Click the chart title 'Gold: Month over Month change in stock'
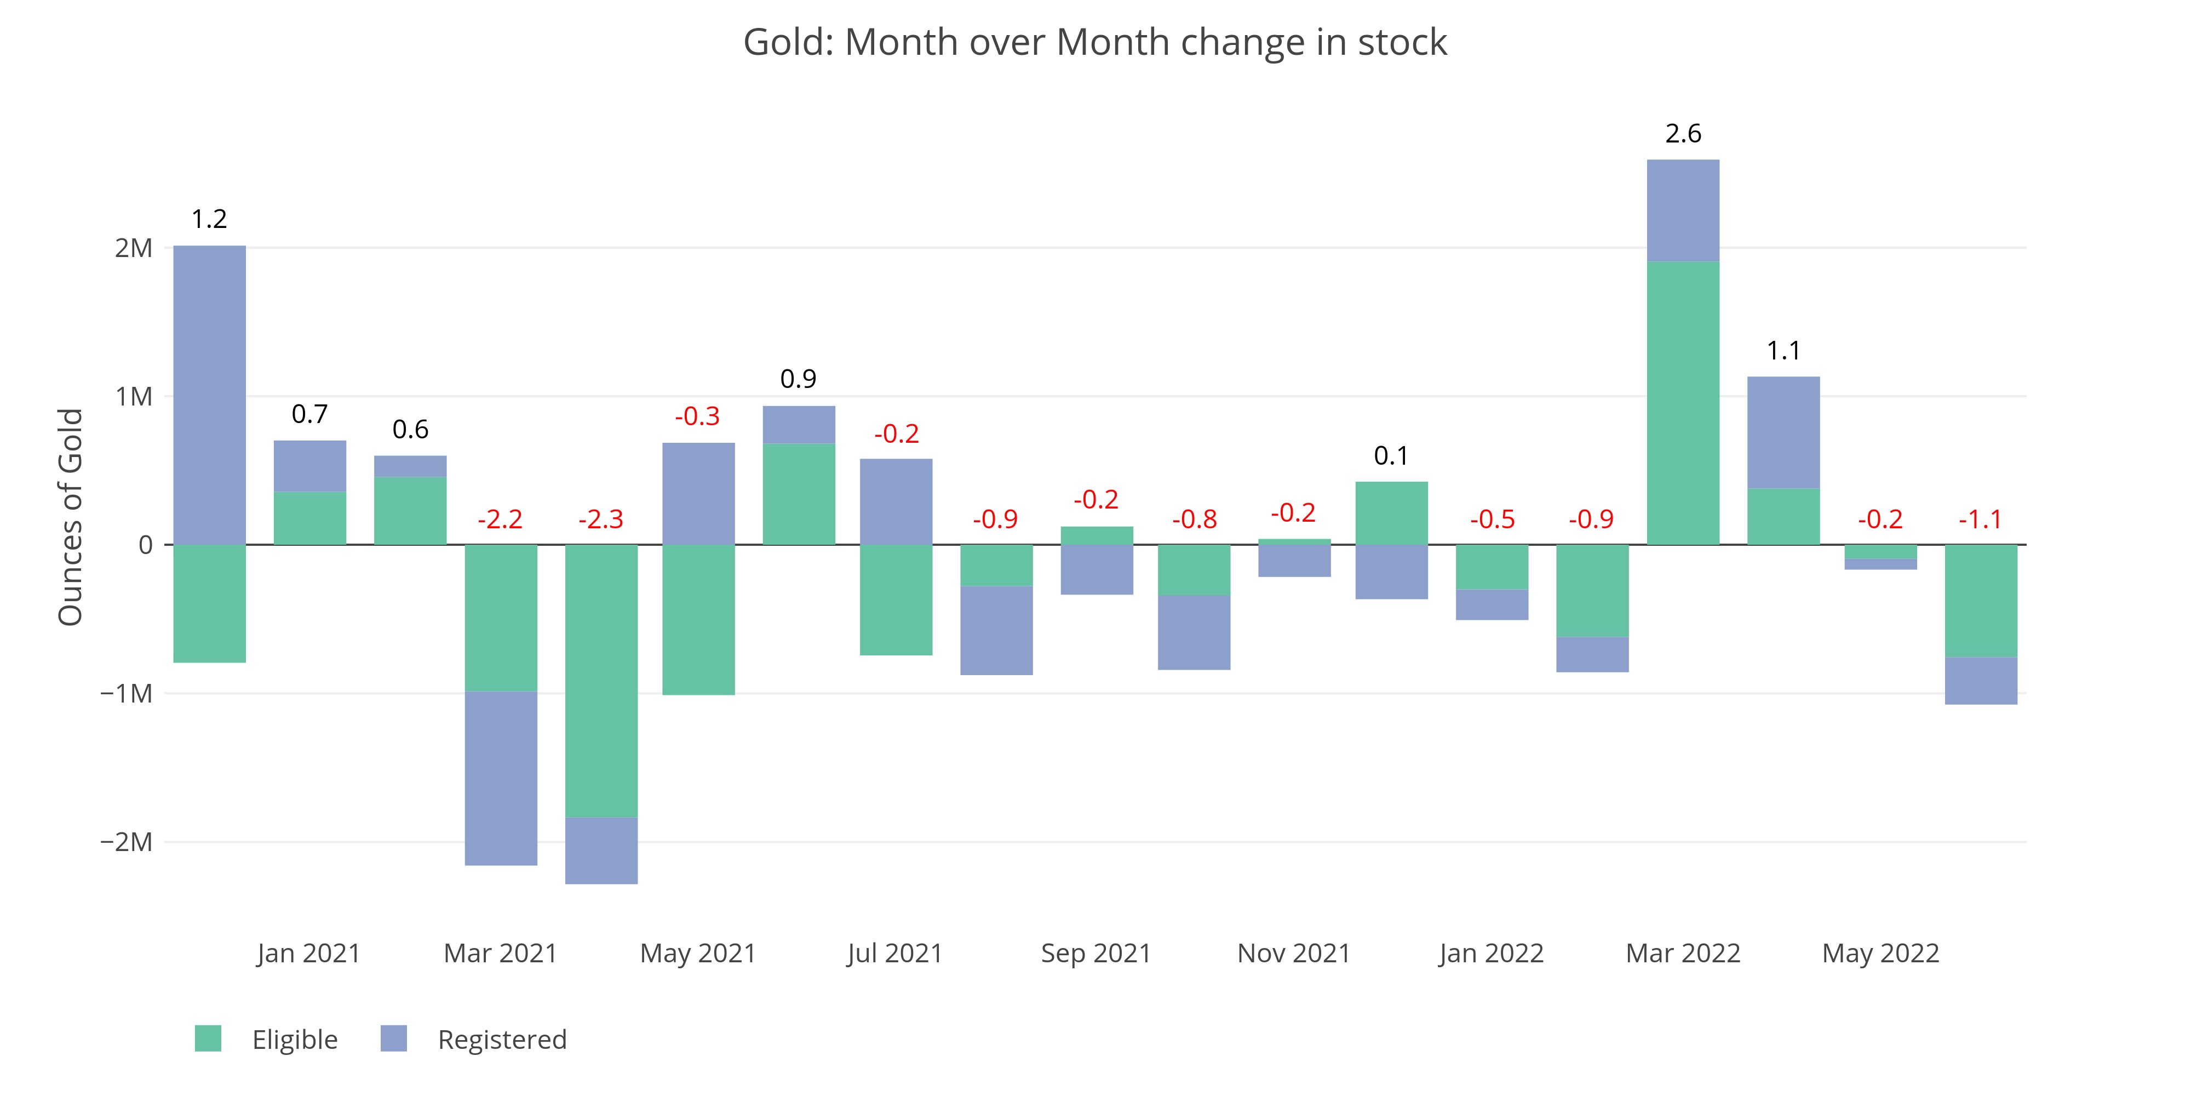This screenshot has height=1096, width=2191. pos(1094,43)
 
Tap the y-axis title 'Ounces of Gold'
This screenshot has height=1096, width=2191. pos(71,517)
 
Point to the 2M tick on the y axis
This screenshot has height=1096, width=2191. pos(134,248)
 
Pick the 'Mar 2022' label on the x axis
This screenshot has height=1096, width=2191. pos(1682,953)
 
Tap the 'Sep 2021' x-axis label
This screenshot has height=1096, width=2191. pos(1095,953)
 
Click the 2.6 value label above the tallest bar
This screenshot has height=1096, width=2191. pos(1682,134)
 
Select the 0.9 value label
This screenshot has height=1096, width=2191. pos(798,379)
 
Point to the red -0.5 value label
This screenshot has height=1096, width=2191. pos(1492,519)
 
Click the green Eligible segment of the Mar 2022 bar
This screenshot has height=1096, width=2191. pos(1682,402)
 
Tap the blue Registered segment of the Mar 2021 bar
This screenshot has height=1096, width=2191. pos(501,778)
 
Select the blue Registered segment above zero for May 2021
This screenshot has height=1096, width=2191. pos(698,494)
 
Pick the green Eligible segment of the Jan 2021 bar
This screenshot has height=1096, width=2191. pos(309,517)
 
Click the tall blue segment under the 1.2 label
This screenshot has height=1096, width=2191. pos(209,395)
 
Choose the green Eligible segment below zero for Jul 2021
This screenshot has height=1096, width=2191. pos(896,599)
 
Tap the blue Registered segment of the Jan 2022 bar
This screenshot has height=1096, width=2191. pos(1492,604)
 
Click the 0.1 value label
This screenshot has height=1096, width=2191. pos(1391,456)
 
